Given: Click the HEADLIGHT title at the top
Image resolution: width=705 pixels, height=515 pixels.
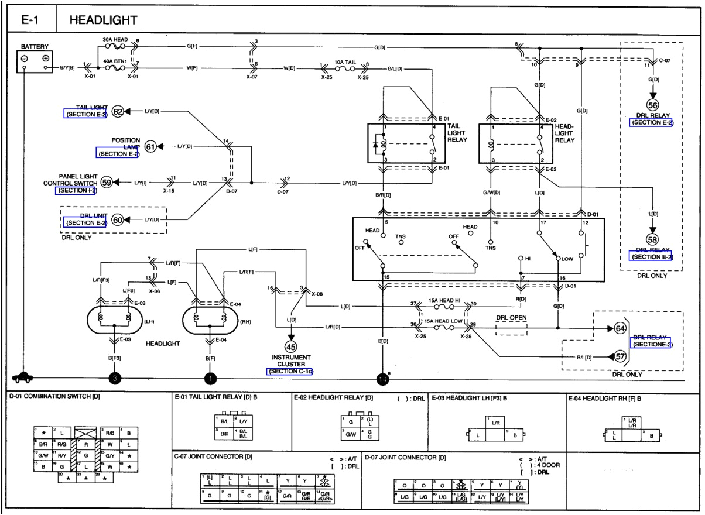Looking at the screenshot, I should pos(103,20).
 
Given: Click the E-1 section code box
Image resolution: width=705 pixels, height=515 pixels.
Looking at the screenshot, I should pos(30,20).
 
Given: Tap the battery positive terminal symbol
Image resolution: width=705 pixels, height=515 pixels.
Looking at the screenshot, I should pos(45,59).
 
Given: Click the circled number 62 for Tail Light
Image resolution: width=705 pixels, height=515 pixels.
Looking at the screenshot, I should pos(118,111).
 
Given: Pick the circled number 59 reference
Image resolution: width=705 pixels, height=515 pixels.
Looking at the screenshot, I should pos(107,183).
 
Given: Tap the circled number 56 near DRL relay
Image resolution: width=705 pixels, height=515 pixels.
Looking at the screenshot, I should pos(652,106).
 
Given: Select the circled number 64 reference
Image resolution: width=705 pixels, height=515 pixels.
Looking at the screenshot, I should pos(620,328).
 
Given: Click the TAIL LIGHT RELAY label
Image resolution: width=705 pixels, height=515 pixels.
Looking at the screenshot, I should pos(457,133).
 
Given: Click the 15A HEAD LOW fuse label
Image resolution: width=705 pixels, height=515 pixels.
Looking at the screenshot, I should pos(442,321).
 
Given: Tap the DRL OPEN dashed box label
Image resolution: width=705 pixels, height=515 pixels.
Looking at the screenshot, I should pos(511,318).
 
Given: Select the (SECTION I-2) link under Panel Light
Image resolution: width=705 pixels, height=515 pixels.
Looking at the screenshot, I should pos(76,191).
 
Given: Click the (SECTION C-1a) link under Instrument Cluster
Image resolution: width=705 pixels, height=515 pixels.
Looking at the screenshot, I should pos(290,371).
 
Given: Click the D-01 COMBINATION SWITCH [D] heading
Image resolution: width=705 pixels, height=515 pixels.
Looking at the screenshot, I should pos(54,397).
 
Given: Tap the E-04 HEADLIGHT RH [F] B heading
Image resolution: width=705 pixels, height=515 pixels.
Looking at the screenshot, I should pos(605,398).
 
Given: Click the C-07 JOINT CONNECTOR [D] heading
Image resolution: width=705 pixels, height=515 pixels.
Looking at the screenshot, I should pos(213,456).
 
